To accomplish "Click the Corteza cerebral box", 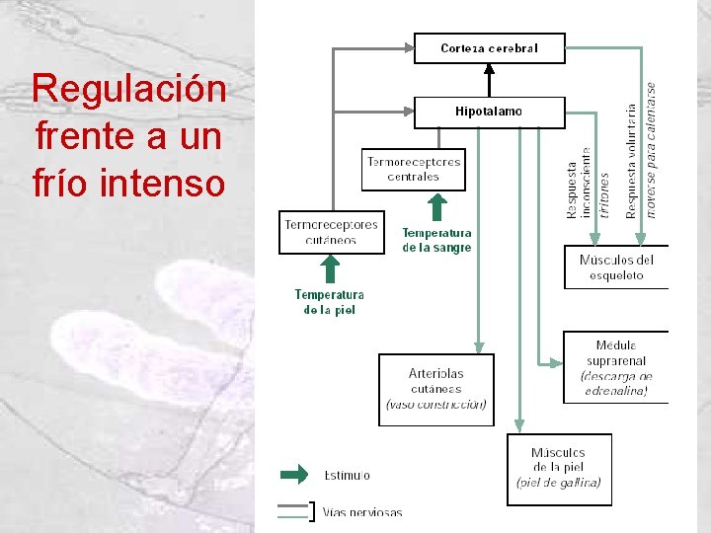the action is click(489, 48).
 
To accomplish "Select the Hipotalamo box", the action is click(489, 112).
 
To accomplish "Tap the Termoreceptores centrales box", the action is click(414, 169).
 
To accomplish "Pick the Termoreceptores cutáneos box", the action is click(331, 232).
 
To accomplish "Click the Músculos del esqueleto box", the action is click(616, 267).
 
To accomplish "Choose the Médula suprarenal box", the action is click(615, 367).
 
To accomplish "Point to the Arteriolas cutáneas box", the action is click(435, 389).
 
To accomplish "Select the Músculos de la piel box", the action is click(559, 468).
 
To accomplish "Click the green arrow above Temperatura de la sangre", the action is click(436, 208).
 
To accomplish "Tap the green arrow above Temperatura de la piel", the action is click(331, 270).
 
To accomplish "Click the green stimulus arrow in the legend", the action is click(294, 475).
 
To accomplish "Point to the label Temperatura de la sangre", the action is click(436, 241).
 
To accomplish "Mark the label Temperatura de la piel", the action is click(330, 302).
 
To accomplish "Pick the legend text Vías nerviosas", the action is click(362, 512).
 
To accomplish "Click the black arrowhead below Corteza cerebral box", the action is click(488, 69).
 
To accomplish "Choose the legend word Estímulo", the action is click(348, 475).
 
